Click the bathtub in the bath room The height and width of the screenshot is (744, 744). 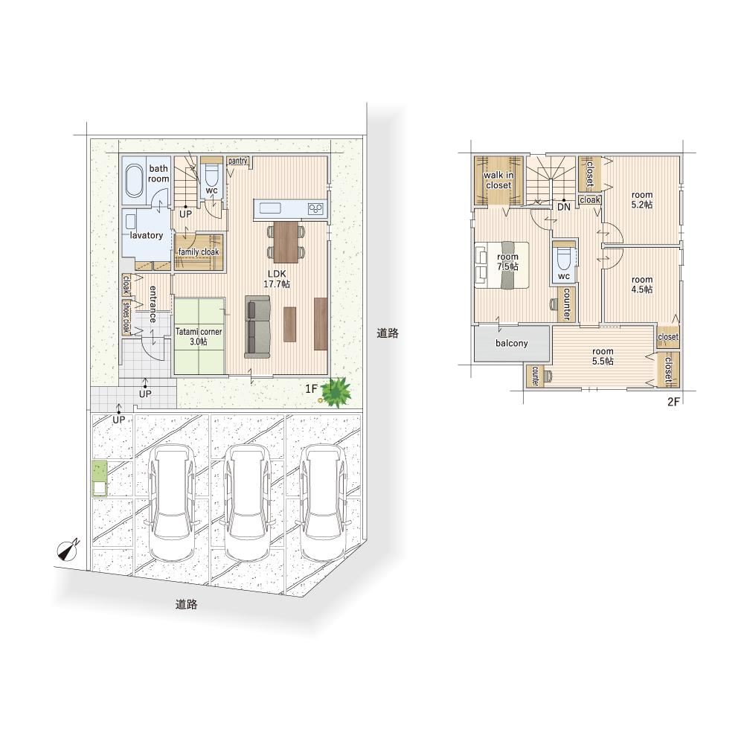[134, 182]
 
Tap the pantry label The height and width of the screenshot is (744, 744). [238, 161]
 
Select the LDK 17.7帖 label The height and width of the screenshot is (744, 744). [277, 279]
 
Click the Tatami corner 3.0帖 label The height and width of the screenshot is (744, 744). [199, 336]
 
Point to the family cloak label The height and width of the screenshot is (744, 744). [199, 252]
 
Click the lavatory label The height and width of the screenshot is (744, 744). [146, 235]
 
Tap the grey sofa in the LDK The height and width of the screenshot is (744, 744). [257, 327]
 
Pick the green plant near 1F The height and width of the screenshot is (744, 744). [336, 392]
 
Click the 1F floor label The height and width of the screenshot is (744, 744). [311, 389]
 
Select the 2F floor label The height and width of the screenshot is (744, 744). [674, 402]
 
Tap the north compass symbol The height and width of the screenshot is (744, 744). [68, 550]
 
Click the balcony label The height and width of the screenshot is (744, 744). [512, 343]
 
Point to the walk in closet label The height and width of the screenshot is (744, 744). [498, 180]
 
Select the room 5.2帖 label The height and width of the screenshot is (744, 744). [642, 199]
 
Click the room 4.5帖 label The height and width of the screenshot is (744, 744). [642, 285]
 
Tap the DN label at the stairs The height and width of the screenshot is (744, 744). [564, 208]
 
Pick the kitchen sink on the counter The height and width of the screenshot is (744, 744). [269, 208]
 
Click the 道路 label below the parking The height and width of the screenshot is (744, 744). [186, 604]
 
